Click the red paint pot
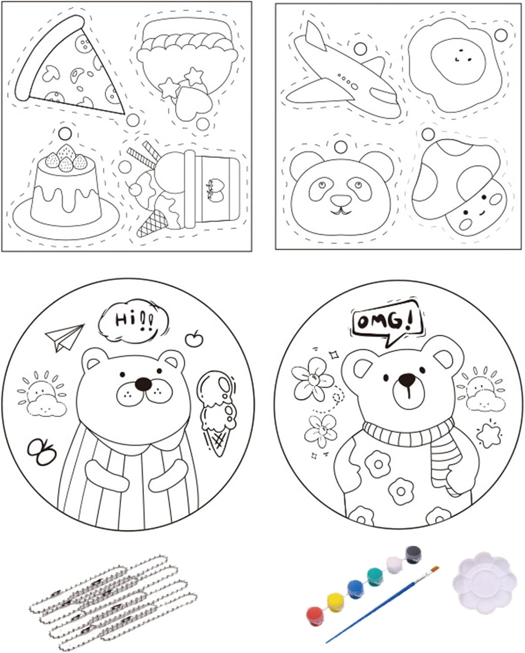(x=315, y=616)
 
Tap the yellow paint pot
(x=335, y=603)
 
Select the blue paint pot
(x=355, y=589)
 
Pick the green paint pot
(x=375, y=577)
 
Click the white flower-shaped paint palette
(x=485, y=582)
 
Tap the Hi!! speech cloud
(x=134, y=321)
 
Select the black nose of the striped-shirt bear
(x=143, y=384)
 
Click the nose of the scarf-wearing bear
(x=407, y=379)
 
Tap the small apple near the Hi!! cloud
(x=194, y=339)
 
